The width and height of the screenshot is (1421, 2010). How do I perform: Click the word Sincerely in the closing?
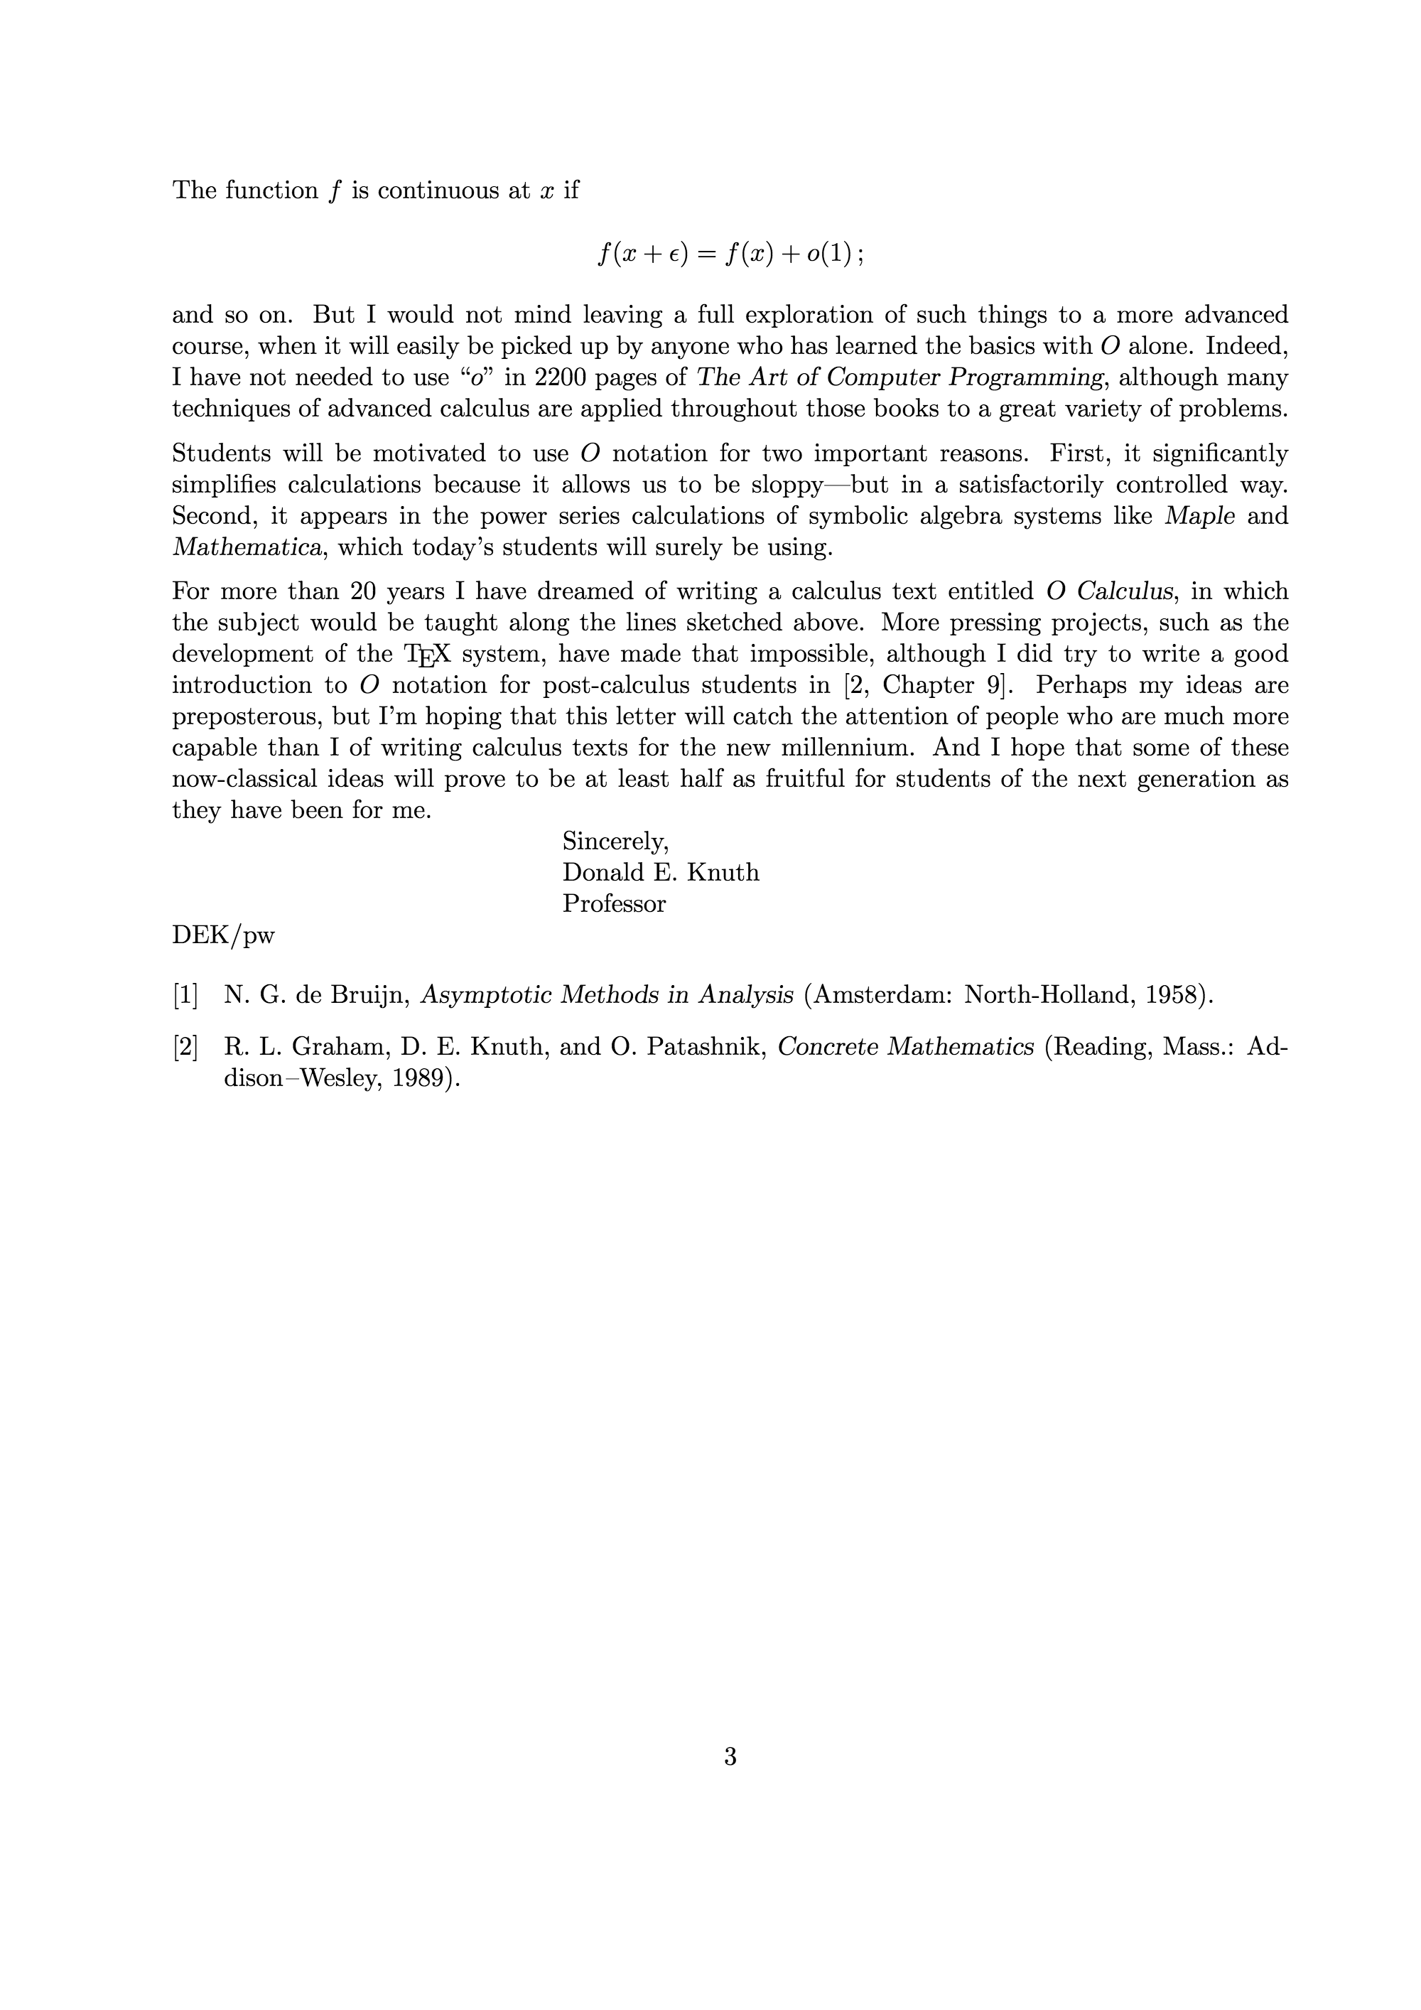615,842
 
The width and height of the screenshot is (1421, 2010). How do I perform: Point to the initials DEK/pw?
223,936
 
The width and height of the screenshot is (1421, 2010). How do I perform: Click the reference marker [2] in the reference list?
185,1047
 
